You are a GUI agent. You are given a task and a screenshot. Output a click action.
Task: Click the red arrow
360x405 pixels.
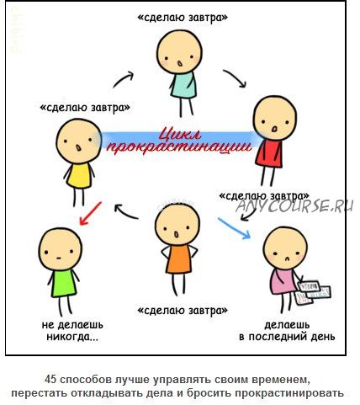(x=90, y=214)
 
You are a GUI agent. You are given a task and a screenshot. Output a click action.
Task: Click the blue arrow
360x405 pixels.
(x=235, y=229)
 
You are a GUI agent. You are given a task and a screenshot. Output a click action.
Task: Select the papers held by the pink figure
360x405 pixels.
(x=314, y=293)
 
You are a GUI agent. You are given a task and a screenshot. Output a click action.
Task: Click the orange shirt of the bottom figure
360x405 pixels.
(x=179, y=259)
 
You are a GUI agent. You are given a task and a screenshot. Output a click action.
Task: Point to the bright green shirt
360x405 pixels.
(x=64, y=283)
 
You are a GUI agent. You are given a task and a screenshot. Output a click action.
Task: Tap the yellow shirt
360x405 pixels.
(x=80, y=176)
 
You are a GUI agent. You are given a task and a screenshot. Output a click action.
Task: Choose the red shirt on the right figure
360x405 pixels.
(x=268, y=153)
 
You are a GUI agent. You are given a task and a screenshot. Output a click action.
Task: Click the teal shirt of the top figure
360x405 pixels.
(x=183, y=85)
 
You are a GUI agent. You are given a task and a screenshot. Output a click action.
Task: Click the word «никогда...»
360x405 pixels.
(x=72, y=337)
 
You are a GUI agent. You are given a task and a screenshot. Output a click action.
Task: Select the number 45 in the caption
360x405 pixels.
(x=50, y=380)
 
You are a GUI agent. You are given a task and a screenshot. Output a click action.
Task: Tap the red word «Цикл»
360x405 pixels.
(x=180, y=135)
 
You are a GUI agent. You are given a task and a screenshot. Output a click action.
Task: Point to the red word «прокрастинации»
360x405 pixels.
(x=179, y=147)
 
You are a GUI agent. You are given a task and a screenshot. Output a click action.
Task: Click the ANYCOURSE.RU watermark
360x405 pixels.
(x=295, y=206)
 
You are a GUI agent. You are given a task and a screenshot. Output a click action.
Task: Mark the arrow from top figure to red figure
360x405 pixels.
(x=236, y=78)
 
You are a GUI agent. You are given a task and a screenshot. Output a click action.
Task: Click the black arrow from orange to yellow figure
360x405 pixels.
(x=125, y=210)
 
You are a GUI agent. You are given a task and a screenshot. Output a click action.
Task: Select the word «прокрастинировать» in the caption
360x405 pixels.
(x=289, y=393)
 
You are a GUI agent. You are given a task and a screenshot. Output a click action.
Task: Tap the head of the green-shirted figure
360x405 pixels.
(x=61, y=249)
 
